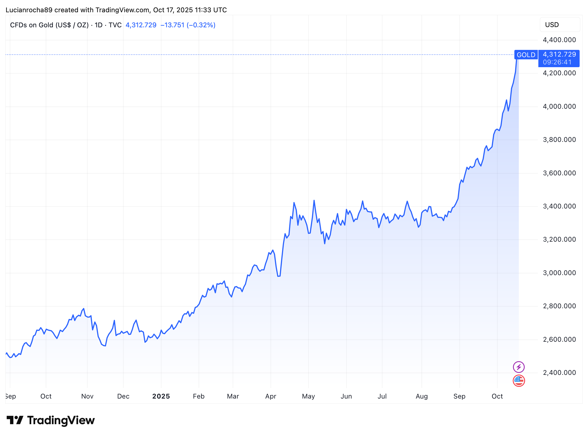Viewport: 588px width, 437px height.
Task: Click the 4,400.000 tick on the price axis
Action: tap(559, 40)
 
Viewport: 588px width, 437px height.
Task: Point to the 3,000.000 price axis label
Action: tap(559, 273)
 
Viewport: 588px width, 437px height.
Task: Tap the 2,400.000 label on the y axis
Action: tap(559, 373)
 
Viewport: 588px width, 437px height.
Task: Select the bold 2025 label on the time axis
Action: tap(161, 396)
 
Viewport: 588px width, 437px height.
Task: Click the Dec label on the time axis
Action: tap(123, 396)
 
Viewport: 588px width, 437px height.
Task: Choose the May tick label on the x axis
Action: tap(308, 396)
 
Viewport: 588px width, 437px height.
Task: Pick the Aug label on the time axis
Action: tap(421, 396)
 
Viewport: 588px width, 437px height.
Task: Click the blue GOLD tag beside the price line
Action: tap(526, 55)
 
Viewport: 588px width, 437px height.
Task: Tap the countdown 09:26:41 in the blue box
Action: tap(557, 62)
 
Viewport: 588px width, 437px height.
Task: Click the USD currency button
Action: tap(559, 25)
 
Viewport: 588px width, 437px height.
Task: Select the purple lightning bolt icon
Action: tap(519, 367)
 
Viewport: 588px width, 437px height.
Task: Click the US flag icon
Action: tap(519, 380)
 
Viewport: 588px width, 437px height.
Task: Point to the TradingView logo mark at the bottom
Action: tap(15, 420)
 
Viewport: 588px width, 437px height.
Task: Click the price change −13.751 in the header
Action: tap(172, 25)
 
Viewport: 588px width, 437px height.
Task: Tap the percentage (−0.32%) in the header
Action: tap(201, 25)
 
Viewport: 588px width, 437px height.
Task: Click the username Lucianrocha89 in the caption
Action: tap(29, 10)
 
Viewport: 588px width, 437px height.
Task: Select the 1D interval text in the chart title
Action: tap(98, 25)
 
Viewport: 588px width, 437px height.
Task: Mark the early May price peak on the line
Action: tap(314, 200)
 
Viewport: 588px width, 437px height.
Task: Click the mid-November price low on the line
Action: tap(105, 346)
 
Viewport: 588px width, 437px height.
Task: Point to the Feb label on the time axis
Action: tap(199, 396)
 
